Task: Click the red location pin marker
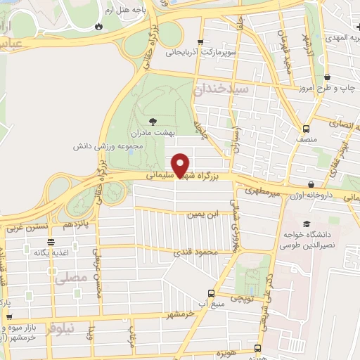click(181, 165)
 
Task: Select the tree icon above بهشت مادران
click(154, 121)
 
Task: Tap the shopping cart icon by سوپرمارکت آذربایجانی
click(202, 42)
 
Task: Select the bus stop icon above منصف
click(306, 129)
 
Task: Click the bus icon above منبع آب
click(210, 294)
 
